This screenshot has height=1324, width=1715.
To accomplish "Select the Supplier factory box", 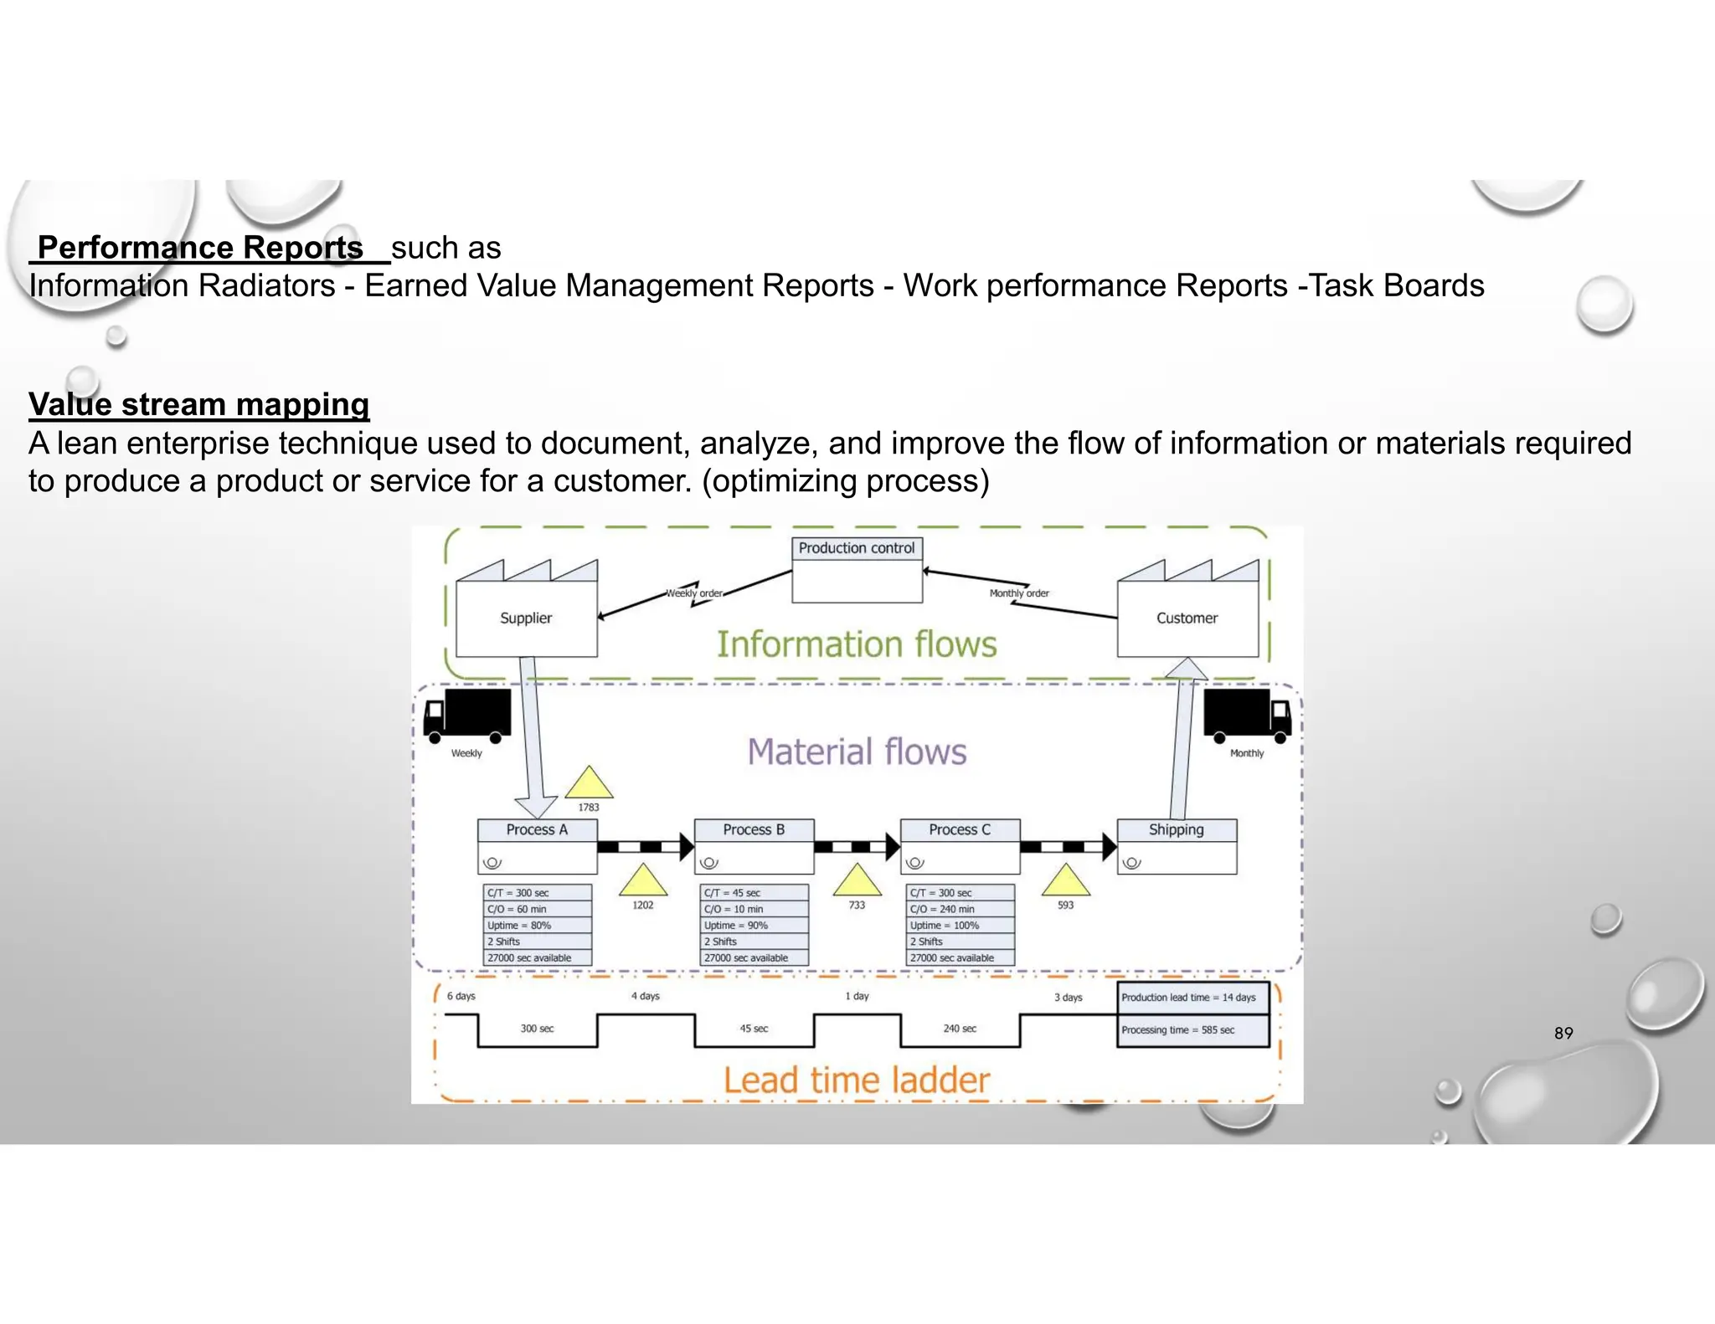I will pyautogui.click(x=526, y=618).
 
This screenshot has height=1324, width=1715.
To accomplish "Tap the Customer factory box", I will pyautogui.click(x=1187, y=618).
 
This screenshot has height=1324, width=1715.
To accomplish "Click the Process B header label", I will pyautogui.click(x=754, y=829).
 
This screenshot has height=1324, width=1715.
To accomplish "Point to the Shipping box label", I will pyautogui.click(x=1176, y=829).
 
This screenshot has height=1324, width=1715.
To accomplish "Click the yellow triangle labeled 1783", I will pyautogui.click(x=589, y=783).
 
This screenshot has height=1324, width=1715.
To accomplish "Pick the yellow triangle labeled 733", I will pyautogui.click(x=857, y=881).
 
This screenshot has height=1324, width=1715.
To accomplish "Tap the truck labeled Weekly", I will pyautogui.click(x=467, y=716).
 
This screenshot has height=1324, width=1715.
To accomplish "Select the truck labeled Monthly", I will pyautogui.click(x=1247, y=714).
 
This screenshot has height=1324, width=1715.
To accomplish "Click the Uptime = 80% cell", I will pyautogui.click(x=537, y=926).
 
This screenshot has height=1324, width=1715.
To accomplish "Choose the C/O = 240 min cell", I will pyautogui.click(x=960, y=909).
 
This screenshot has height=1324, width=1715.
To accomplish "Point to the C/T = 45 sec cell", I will pyautogui.click(x=754, y=893).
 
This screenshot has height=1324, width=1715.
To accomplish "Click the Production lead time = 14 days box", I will pyautogui.click(x=1192, y=998).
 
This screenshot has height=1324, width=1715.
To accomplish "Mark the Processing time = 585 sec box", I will pyautogui.click(x=1192, y=1030).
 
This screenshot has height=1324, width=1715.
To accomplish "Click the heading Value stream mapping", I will pyautogui.click(x=198, y=404).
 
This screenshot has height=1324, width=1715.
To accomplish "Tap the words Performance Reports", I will pyautogui.click(x=200, y=248).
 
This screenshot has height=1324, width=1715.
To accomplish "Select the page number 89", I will pyautogui.click(x=1563, y=1033).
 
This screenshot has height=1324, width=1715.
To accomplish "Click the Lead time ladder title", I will pyautogui.click(x=857, y=1080).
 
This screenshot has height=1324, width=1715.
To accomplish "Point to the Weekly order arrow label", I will pyautogui.click(x=694, y=593).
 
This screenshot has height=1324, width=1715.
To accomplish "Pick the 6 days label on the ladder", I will pyautogui.click(x=461, y=996).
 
